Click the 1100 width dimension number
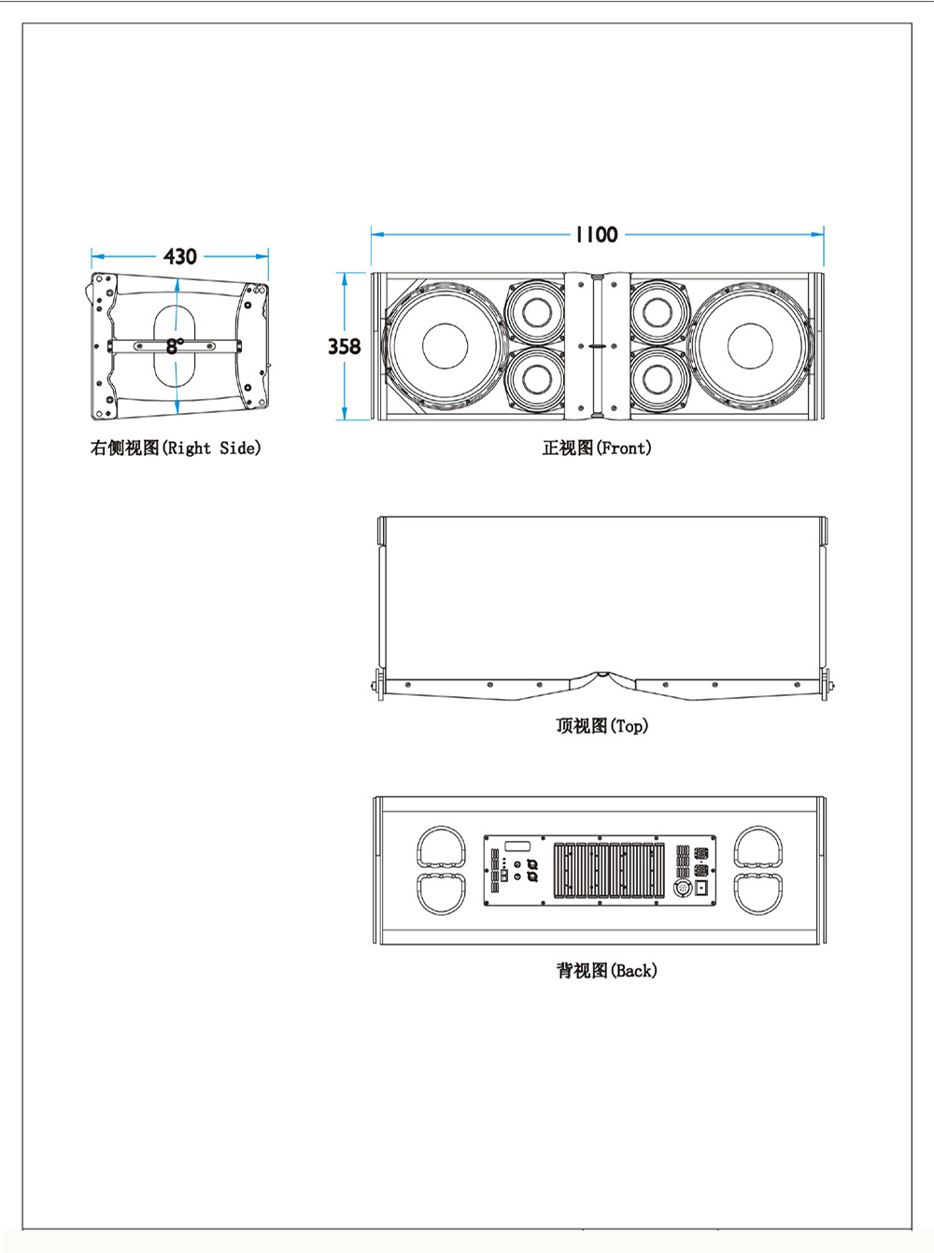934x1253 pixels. click(597, 235)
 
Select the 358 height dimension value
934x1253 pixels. click(344, 347)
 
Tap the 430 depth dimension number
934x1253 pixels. click(180, 256)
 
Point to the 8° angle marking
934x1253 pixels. click(175, 346)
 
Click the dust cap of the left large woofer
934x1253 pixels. click(445, 347)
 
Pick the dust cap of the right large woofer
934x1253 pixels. click(750, 347)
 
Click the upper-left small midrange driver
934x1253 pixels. click(536, 311)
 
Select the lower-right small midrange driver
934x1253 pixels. click(658, 379)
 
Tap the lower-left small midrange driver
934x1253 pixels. click(536, 379)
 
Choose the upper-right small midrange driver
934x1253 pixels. click(658, 311)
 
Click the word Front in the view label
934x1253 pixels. click(624, 449)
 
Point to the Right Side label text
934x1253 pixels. click(212, 449)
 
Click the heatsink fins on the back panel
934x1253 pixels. click(609, 871)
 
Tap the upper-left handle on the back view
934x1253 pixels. click(441, 847)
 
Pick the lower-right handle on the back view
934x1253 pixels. click(758, 893)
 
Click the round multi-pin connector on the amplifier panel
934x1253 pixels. click(683, 888)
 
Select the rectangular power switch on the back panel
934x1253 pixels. click(701, 887)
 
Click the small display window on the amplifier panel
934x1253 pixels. click(517, 847)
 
